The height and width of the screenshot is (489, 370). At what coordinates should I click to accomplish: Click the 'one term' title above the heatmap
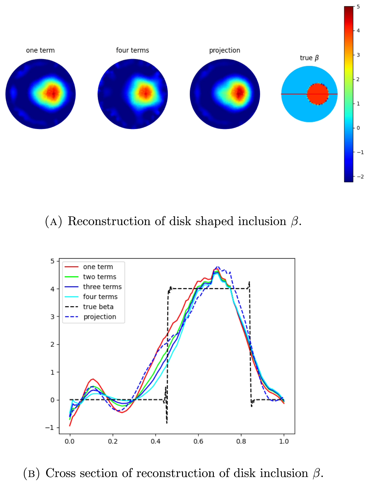[40, 50]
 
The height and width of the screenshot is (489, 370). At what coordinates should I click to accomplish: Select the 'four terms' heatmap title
[132, 50]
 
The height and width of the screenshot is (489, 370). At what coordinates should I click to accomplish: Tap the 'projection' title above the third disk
[225, 50]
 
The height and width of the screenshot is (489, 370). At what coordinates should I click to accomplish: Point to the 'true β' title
[309, 58]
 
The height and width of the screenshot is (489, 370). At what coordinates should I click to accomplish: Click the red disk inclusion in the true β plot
[318, 94]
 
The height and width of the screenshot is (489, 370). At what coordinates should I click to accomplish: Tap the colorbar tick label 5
[358, 7]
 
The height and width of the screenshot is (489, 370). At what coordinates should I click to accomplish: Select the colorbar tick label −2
[360, 177]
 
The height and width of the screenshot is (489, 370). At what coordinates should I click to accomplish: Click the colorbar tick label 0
[358, 128]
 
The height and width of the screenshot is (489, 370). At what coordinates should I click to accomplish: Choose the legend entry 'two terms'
[100, 277]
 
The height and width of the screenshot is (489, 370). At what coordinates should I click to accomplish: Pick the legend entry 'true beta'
[98, 307]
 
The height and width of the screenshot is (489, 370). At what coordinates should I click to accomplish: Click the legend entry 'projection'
[100, 317]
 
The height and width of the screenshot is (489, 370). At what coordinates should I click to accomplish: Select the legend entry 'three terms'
[102, 287]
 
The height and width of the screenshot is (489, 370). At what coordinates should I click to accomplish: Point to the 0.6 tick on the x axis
[198, 441]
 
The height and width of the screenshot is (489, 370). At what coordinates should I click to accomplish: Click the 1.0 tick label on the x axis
[284, 441]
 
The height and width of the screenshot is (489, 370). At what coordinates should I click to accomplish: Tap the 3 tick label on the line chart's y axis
[52, 317]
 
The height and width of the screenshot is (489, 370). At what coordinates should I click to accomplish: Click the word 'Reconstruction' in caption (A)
[109, 221]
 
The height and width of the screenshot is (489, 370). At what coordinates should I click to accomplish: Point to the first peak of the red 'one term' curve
[92, 379]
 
